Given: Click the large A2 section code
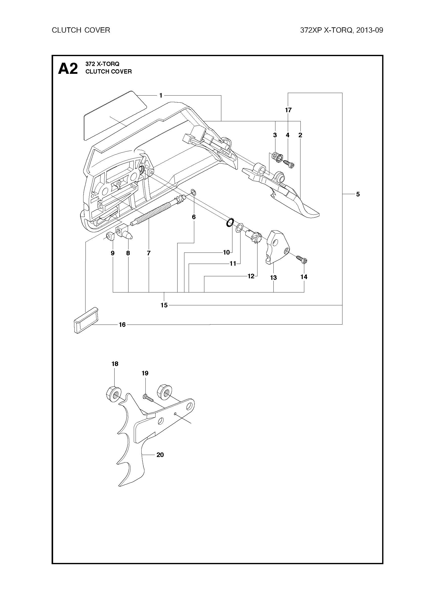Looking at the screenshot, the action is point(68,69).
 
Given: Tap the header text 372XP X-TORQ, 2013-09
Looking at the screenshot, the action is point(341,30).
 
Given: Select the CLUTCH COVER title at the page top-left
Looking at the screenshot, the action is point(81,30).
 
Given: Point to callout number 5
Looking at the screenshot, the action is point(358,194).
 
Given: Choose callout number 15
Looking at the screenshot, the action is point(164,305).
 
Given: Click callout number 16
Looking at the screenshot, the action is point(122,325).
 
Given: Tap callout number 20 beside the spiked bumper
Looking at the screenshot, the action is point(160,454).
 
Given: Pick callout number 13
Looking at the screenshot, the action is point(273,278).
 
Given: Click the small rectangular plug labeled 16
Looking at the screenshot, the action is point(86,320).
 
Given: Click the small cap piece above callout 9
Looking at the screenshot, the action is point(109,237).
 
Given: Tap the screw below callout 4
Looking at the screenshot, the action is point(289,163).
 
